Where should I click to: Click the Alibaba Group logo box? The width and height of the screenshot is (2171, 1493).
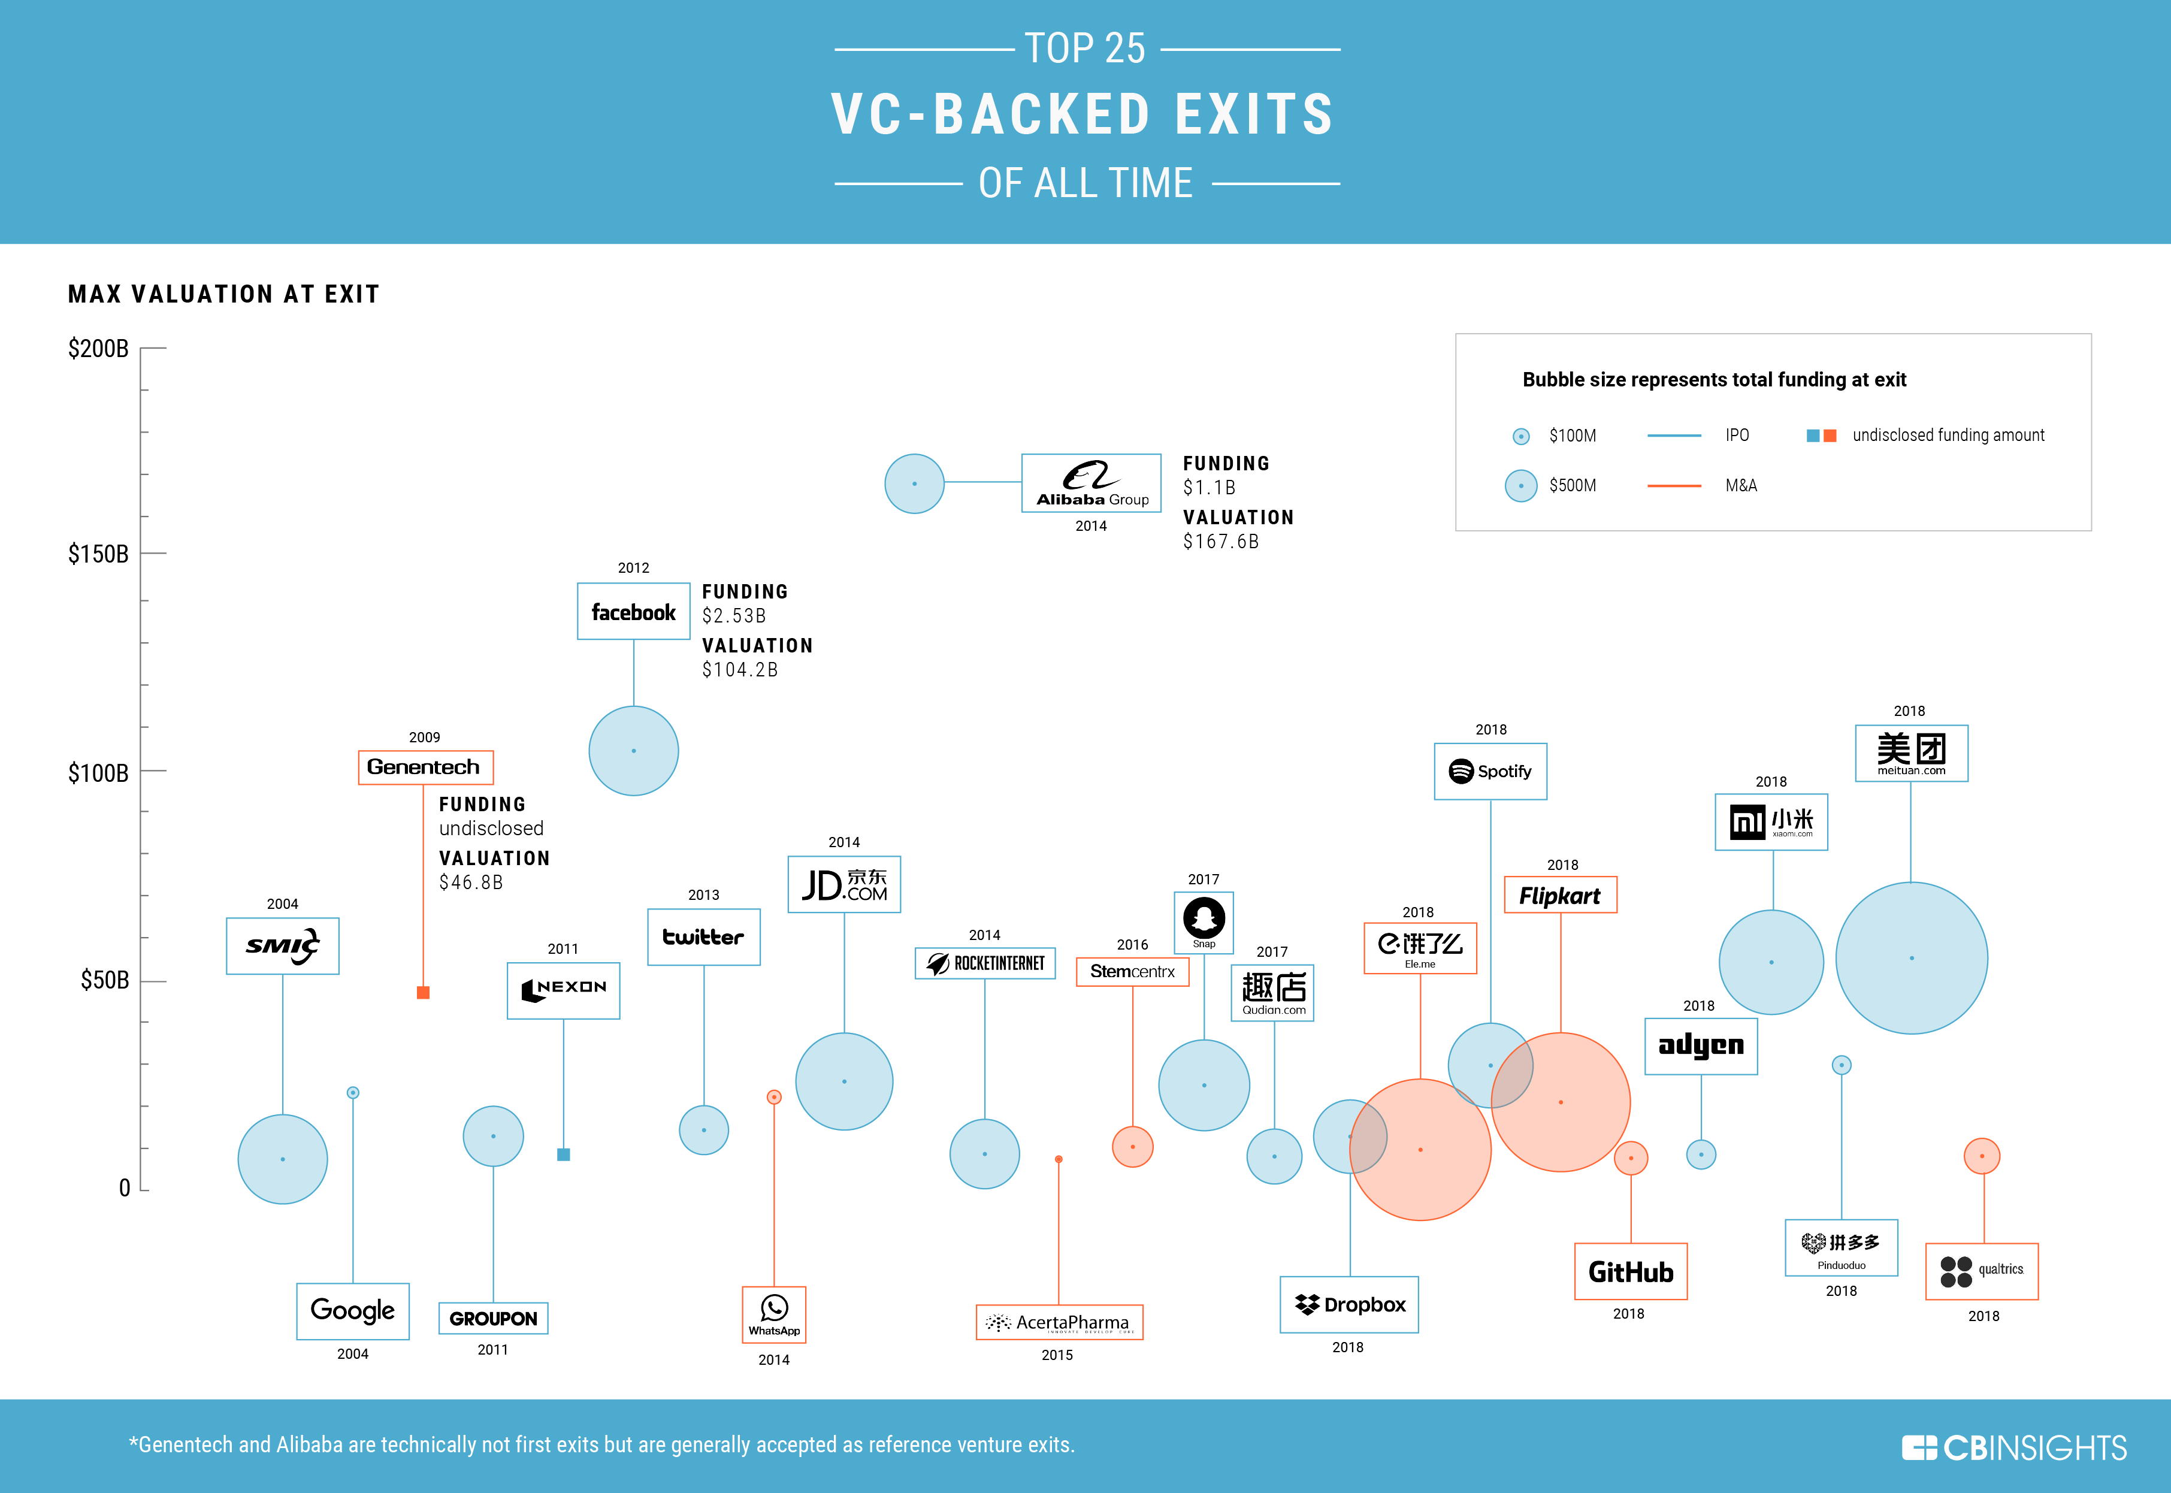click(x=1091, y=483)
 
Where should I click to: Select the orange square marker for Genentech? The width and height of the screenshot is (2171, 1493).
click(x=423, y=993)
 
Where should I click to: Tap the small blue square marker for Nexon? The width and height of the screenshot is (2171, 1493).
click(x=563, y=1154)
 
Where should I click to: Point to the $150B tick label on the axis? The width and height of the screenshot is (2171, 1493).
click(x=98, y=554)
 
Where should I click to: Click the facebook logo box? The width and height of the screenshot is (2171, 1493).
click(x=633, y=612)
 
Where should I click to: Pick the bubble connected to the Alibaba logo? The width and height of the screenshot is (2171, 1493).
click(x=914, y=483)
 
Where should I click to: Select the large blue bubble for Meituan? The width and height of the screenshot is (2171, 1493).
click(x=1911, y=958)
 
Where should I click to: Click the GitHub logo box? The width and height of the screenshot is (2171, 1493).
click(x=1631, y=1271)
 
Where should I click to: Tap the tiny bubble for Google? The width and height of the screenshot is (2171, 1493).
click(x=353, y=1093)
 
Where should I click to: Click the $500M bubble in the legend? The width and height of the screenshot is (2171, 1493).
click(x=1521, y=485)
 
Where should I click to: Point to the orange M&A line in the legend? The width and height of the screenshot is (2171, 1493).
click(x=1673, y=485)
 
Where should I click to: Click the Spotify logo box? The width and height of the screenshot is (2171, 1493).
click(x=1490, y=771)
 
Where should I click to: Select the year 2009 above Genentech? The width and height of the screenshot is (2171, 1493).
click(x=424, y=737)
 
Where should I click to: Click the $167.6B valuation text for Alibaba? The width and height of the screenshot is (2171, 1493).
click(x=1221, y=542)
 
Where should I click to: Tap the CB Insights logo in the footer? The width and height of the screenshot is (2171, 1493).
click(x=2014, y=1447)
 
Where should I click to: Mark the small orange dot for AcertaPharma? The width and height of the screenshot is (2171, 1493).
click(x=1058, y=1159)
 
